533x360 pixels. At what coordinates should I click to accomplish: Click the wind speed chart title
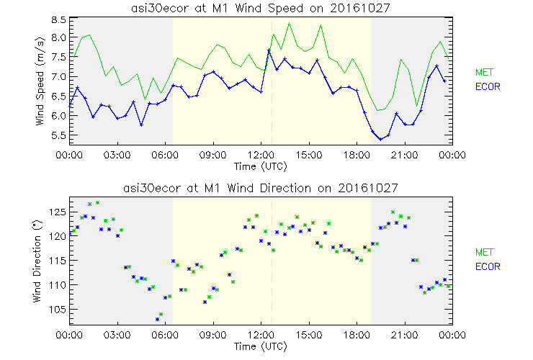point(260,6)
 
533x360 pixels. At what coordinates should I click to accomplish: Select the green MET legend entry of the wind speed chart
point(483,72)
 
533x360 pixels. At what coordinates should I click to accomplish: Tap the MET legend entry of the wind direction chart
point(483,252)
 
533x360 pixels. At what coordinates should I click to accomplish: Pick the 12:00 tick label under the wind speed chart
point(260,155)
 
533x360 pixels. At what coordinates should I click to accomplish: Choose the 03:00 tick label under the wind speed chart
point(117,155)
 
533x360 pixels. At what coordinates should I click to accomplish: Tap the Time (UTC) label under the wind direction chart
point(260,346)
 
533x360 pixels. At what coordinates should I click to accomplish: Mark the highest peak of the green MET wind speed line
point(289,23)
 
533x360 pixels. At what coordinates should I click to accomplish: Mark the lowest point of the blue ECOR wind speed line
point(380,139)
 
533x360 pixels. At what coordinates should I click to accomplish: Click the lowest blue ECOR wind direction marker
point(157,319)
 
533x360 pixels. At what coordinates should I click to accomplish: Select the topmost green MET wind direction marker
point(97,202)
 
